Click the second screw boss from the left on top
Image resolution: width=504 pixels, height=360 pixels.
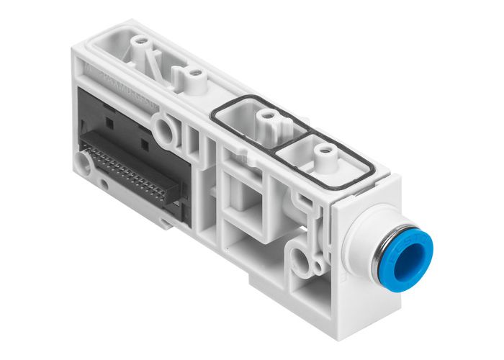click(191, 73)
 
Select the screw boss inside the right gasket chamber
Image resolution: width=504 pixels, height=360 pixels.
click(325, 152)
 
